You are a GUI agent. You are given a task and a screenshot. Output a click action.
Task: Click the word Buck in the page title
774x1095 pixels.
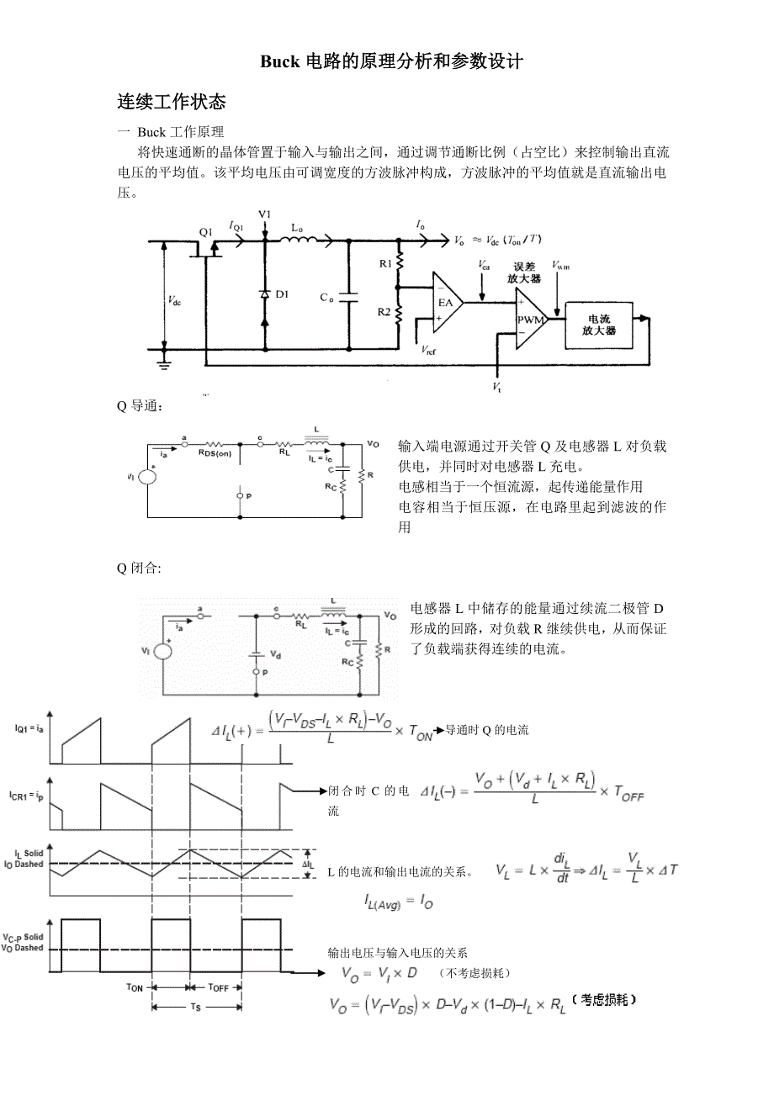(x=278, y=61)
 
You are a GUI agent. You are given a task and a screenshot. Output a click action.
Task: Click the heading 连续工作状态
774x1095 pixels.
(x=171, y=103)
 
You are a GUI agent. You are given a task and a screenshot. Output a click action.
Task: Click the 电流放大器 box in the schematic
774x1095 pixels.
(x=599, y=325)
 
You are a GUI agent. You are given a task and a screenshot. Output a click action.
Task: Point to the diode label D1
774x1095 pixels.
(x=282, y=294)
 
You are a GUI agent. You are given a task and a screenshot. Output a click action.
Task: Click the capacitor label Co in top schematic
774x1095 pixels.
(x=326, y=298)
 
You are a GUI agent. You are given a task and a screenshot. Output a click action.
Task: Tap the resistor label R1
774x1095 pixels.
(x=385, y=264)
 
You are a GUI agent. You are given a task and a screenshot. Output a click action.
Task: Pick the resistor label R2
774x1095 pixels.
(x=384, y=312)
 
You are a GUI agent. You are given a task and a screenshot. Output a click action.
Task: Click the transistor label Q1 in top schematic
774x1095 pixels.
(x=206, y=231)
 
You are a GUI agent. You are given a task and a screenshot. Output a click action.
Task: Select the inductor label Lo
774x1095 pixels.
(x=297, y=227)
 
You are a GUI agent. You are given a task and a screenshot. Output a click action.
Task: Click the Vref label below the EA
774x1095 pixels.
(x=428, y=349)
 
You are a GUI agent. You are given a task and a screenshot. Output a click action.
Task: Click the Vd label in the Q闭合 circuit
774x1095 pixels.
(x=275, y=653)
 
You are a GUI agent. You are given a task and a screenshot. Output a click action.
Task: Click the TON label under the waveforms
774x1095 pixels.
(x=135, y=987)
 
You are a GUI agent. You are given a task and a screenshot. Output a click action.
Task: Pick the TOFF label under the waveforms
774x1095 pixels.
(x=218, y=987)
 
